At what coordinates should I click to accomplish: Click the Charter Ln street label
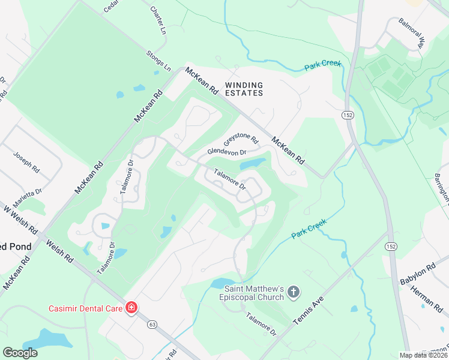coord(157,21)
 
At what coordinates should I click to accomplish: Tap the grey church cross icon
coord(294,292)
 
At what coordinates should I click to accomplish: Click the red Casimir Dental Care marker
coord(131,308)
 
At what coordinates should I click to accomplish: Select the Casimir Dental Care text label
coord(85,308)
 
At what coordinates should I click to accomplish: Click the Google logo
coord(20,352)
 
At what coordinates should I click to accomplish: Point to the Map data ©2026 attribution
coord(423,355)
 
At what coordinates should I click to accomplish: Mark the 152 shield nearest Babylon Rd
coord(391,247)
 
